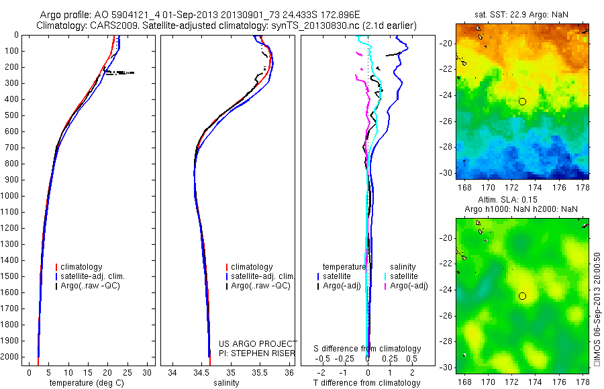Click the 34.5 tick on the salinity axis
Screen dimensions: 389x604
[x=201, y=372]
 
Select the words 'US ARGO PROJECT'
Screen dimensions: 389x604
[x=258, y=343]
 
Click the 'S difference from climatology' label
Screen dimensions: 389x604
[x=368, y=349]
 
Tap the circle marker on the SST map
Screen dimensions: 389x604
[x=522, y=101]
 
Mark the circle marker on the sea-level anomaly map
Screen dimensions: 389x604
[x=522, y=296]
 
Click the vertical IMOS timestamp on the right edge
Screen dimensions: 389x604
[x=597, y=310]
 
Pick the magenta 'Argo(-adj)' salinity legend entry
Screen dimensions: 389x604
[x=409, y=286]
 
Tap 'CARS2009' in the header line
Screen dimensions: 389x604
[x=111, y=25]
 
